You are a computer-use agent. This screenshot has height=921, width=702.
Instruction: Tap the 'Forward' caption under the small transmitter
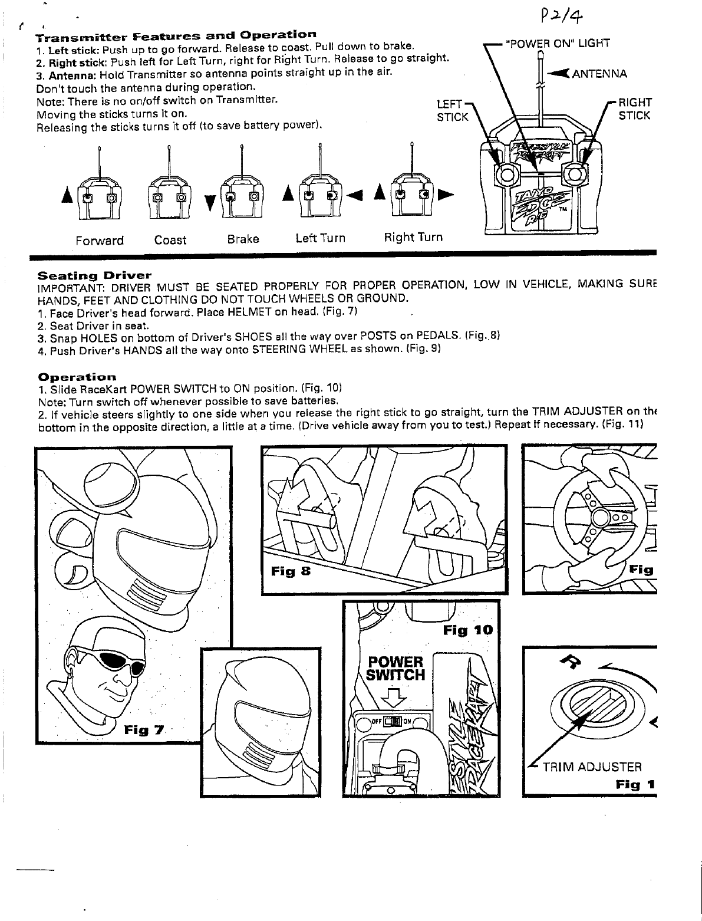click(x=100, y=241)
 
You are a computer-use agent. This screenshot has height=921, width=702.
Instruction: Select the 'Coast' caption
click(x=170, y=241)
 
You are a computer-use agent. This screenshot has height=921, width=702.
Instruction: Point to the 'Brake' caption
click(x=243, y=239)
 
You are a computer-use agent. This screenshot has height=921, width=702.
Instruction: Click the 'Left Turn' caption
click(x=320, y=238)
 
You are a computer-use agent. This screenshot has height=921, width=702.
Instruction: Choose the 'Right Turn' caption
click(x=413, y=237)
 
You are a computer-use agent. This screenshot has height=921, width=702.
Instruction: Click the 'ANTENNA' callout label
click(x=599, y=74)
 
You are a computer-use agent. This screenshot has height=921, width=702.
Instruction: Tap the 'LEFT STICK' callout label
click(x=451, y=111)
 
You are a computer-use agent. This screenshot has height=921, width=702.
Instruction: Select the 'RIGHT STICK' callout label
click(x=634, y=110)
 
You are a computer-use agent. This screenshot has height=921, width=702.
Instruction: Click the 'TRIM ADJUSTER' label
click(x=592, y=767)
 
